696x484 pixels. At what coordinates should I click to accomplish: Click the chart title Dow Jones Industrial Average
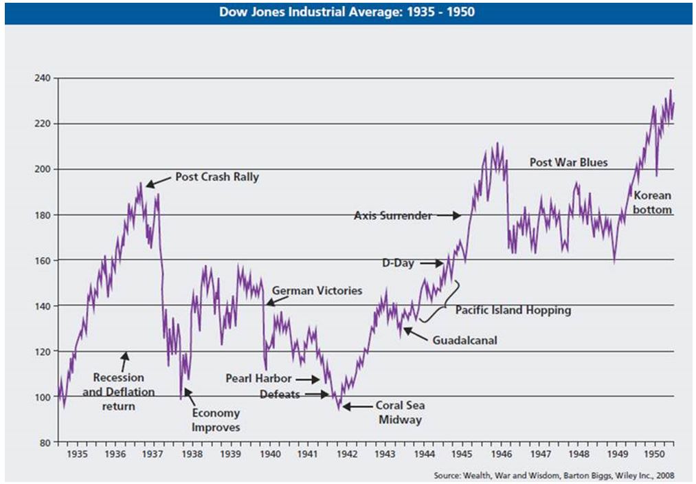click(x=348, y=12)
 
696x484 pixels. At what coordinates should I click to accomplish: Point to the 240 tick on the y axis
click(x=43, y=78)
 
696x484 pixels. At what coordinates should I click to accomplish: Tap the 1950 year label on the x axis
click(x=653, y=454)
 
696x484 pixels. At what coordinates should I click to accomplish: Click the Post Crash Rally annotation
click(x=217, y=177)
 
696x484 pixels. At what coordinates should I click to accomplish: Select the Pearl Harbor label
click(x=258, y=379)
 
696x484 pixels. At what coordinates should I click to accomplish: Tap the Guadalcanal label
click(x=464, y=340)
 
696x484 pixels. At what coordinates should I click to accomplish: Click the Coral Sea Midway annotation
click(x=399, y=412)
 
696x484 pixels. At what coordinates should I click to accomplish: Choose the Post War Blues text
click(x=569, y=163)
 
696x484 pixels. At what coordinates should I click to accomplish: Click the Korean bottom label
click(x=652, y=203)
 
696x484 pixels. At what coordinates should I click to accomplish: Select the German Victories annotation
click(x=317, y=291)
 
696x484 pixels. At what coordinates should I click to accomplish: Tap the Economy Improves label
click(x=216, y=420)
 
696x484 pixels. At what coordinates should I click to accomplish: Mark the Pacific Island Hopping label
click(x=513, y=310)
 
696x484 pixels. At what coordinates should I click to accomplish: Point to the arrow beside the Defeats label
click(x=318, y=395)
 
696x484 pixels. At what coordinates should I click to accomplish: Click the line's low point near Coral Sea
click(x=339, y=408)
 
